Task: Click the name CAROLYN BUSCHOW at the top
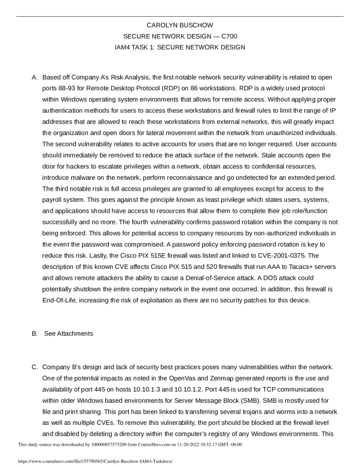click(x=179, y=24)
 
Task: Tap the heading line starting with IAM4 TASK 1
click(x=179, y=47)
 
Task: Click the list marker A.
click(x=35, y=78)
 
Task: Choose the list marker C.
click(x=35, y=364)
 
